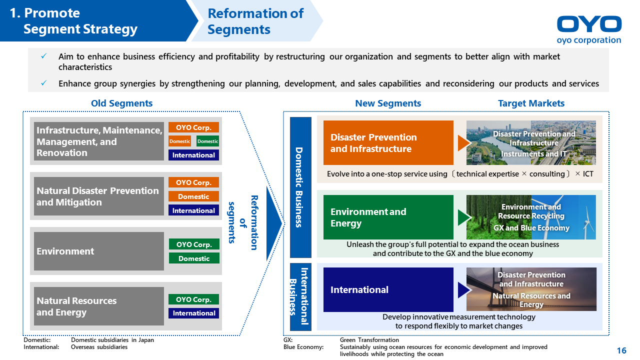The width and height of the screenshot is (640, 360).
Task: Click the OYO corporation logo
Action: (x=589, y=29)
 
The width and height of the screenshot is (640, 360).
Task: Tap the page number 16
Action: (x=621, y=350)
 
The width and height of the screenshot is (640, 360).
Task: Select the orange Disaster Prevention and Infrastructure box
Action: (x=388, y=142)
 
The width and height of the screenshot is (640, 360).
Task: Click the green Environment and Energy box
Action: (x=388, y=217)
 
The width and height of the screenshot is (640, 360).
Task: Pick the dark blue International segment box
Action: (x=388, y=289)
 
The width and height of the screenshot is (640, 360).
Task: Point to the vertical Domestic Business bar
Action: (x=300, y=187)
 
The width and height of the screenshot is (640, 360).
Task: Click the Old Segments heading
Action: (x=121, y=103)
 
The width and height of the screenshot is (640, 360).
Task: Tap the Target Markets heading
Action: (x=531, y=103)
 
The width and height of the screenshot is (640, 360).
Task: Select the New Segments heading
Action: (x=388, y=103)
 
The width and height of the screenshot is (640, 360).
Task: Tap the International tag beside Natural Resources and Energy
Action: (x=193, y=313)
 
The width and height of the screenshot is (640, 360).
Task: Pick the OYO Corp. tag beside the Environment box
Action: (x=193, y=244)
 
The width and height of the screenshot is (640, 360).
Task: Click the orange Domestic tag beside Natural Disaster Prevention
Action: (x=193, y=196)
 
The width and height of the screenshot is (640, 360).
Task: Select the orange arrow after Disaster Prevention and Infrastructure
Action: (x=464, y=143)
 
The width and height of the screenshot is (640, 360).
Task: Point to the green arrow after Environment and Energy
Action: (x=464, y=217)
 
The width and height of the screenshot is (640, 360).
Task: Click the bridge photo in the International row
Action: (x=531, y=289)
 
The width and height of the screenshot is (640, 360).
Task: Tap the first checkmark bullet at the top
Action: (x=44, y=57)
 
